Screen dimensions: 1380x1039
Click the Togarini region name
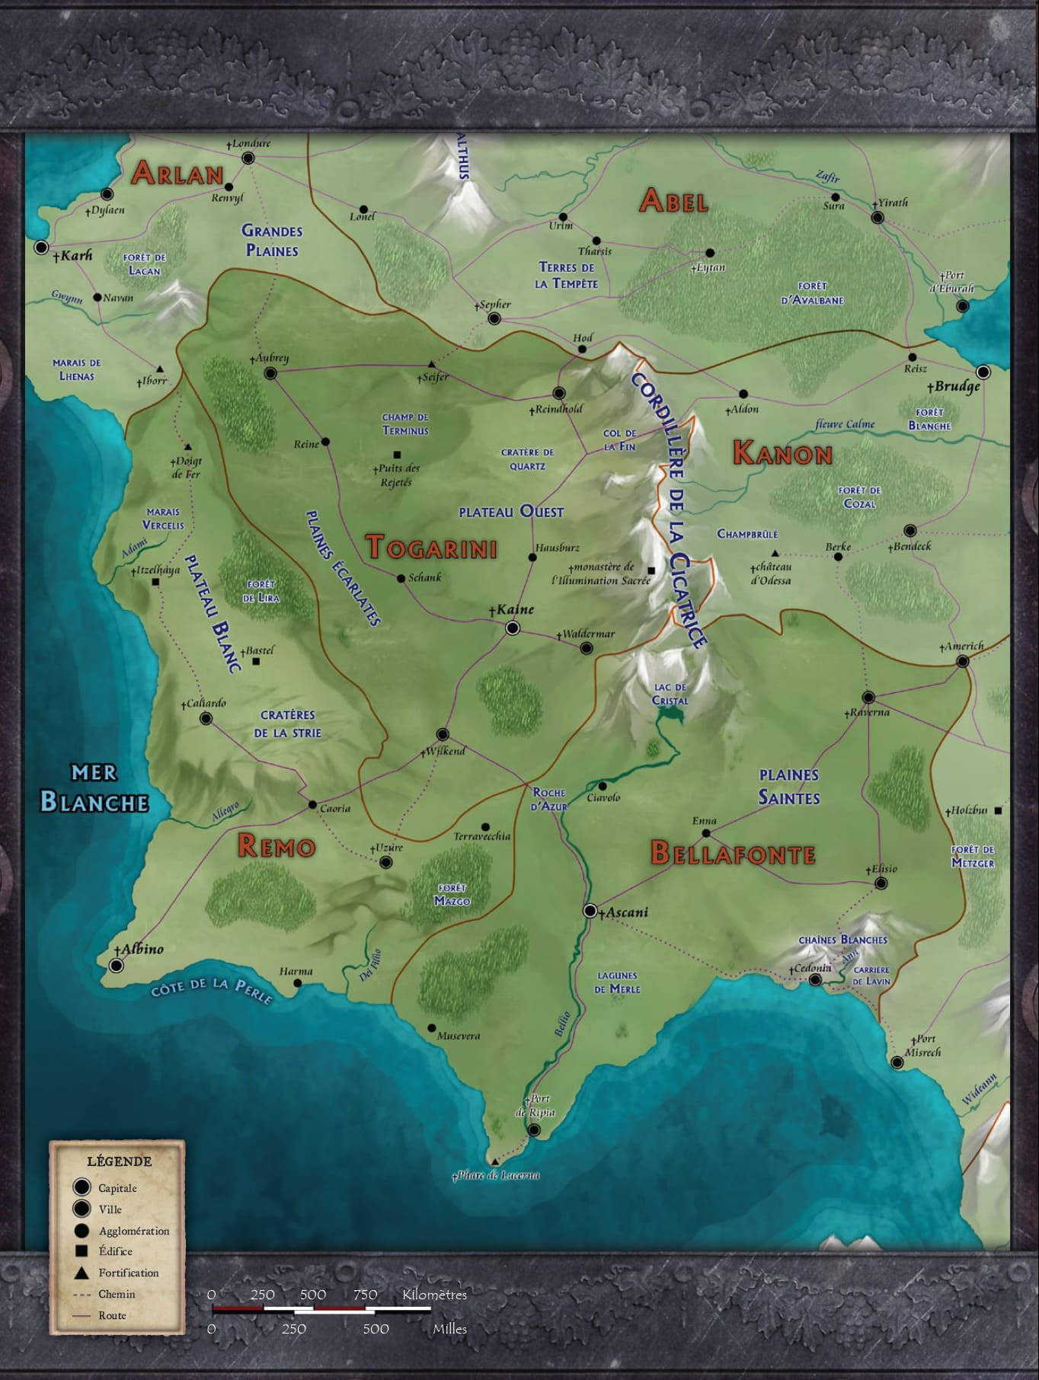click(x=431, y=548)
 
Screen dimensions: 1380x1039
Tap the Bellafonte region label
click(x=733, y=854)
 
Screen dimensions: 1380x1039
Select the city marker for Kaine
click(x=513, y=628)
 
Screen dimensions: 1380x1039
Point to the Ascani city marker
click(x=590, y=911)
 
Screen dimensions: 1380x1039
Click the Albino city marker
click(x=116, y=966)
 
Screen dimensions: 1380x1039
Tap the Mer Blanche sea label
click(x=94, y=790)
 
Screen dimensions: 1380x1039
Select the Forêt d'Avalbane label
click(x=812, y=293)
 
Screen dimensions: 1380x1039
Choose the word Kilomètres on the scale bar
click(x=434, y=1295)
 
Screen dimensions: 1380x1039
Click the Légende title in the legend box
click(x=120, y=1161)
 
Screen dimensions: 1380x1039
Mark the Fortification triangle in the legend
click(x=82, y=1273)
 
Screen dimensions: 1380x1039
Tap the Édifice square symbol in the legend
click(x=82, y=1251)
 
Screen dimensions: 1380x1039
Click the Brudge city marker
click(x=983, y=372)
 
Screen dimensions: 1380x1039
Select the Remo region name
click(x=276, y=846)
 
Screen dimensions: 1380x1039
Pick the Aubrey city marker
click(x=270, y=373)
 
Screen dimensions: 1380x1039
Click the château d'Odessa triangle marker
click(x=775, y=554)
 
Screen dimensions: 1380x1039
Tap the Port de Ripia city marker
click(x=534, y=1130)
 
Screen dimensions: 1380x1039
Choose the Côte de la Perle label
click(x=211, y=989)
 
